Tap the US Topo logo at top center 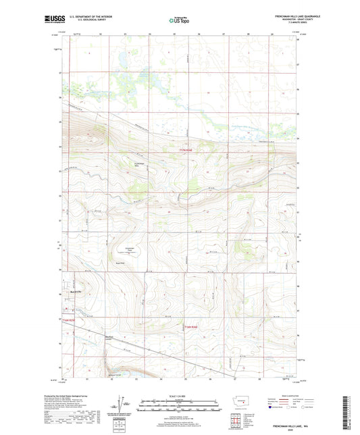[x=177, y=20]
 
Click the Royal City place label [x=76, y=292]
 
